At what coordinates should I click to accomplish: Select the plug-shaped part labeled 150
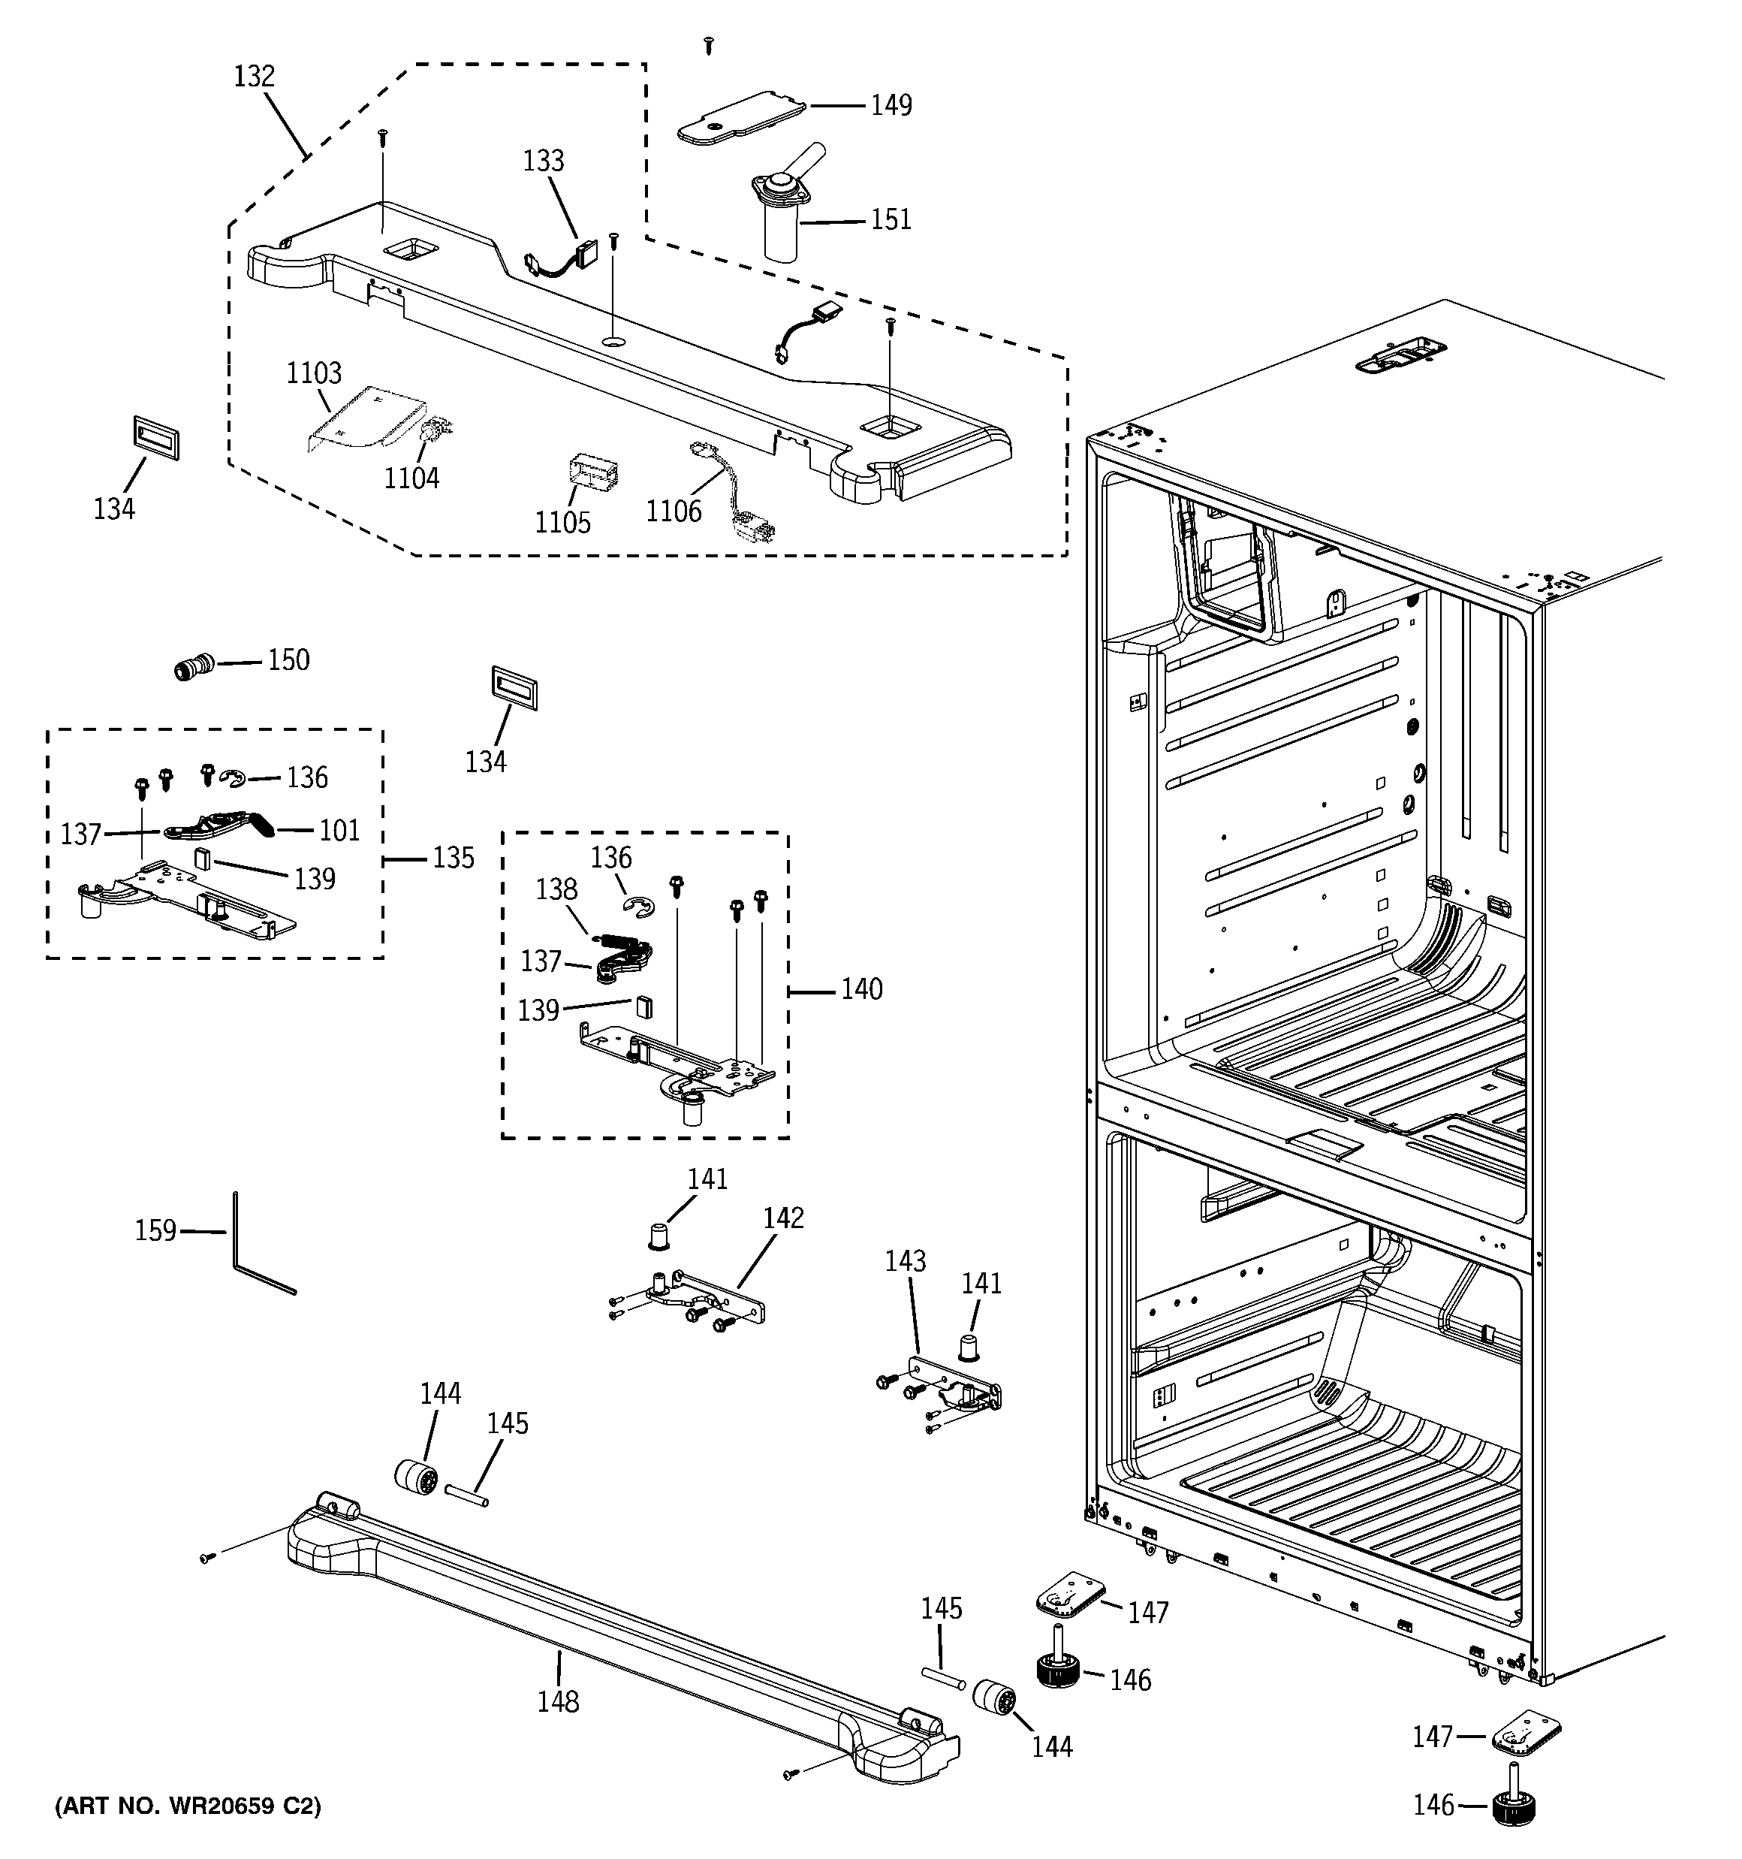click(194, 668)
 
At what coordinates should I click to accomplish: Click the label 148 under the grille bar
click(557, 1701)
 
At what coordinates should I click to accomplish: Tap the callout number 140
click(861, 988)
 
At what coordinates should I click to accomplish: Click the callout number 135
click(453, 858)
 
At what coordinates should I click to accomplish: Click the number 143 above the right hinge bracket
click(905, 1260)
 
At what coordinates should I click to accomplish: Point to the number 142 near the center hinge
click(782, 1218)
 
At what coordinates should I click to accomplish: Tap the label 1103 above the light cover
click(313, 374)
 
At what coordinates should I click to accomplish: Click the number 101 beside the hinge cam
click(339, 831)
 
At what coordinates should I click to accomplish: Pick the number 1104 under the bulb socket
click(411, 478)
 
